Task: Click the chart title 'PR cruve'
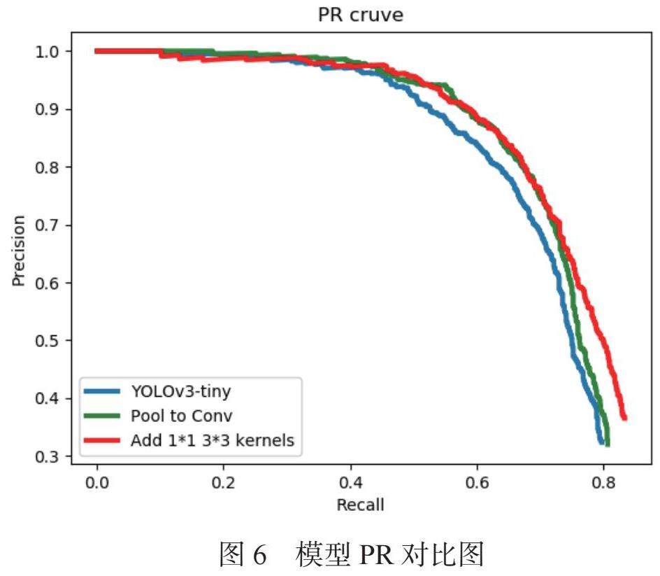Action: coord(361,15)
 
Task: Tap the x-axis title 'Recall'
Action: coord(360,505)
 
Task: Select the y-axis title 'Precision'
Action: coord(19,251)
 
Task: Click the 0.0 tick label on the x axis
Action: coord(96,482)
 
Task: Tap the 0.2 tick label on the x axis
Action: coord(223,482)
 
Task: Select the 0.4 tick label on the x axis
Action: coord(350,482)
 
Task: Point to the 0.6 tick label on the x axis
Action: coord(477,482)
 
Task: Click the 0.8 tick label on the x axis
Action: coord(603,482)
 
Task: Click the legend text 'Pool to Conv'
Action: coord(181,416)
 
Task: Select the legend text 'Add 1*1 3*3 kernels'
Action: coord(212,440)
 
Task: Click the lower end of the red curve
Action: coord(624,418)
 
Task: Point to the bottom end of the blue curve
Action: coord(601,442)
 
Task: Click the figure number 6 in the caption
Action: coord(259,556)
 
